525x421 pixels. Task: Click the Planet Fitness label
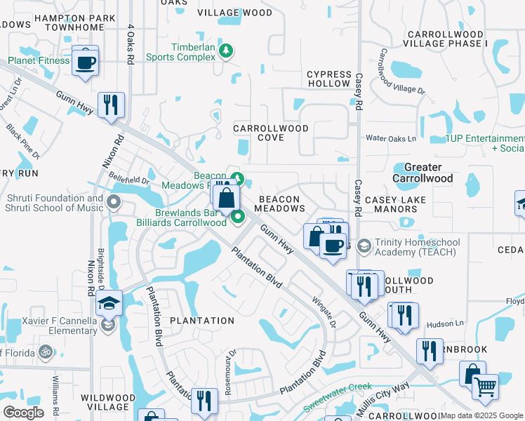pyautogui.click(x=39, y=61)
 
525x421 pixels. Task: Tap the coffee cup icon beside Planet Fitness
pyautogui.click(x=86, y=62)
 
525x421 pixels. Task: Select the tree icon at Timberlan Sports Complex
pyautogui.click(x=226, y=51)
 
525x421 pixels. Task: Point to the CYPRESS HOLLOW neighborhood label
pyautogui.click(x=328, y=79)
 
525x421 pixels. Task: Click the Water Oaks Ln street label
pyautogui.click(x=391, y=139)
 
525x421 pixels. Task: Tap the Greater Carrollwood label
pyautogui.click(x=423, y=173)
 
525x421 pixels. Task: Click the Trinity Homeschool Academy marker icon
pyautogui.click(x=364, y=246)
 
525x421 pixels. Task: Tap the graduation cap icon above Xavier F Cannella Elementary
pyautogui.click(x=109, y=303)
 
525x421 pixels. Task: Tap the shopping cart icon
pyautogui.click(x=484, y=386)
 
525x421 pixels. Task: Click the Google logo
pyautogui.click(x=23, y=412)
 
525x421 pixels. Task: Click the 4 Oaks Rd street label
pyautogui.click(x=131, y=45)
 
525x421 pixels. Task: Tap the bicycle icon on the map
pyautogui.click(x=46, y=351)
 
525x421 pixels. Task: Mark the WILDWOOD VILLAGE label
pyautogui.click(x=107, y=402)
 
